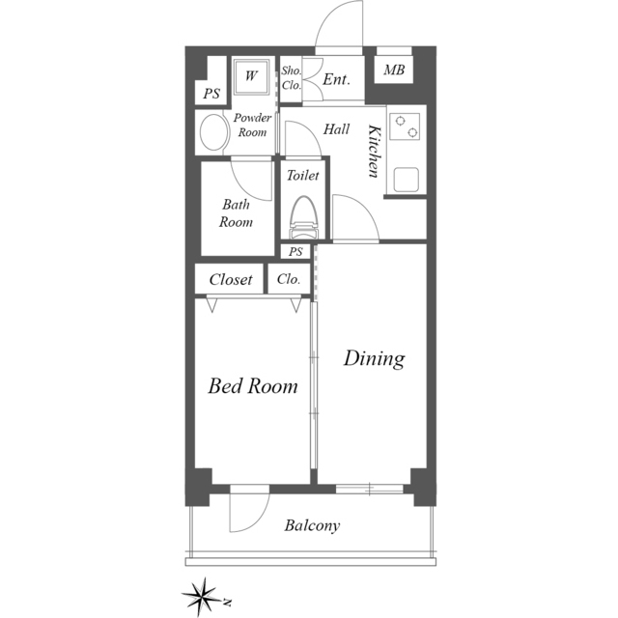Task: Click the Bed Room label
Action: coord(253,386)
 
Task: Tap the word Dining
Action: coord(374,359)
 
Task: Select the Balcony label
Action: coord(312,525)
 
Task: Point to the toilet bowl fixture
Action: coord(303,217)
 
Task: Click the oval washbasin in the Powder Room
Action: coord(214,132)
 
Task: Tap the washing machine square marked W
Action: coord(251,76)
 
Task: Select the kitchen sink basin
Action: coord(407,180)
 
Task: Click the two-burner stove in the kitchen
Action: coord(405,126)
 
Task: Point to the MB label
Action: coord(394,70)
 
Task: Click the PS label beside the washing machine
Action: coord(211,94)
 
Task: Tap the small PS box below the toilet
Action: coord(295,251)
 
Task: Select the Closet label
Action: coord(231,279)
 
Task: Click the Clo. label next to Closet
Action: coord(289,279)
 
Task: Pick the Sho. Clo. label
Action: coord(292,77)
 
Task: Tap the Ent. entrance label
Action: coord(337,79)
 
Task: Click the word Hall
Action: coord(336,129)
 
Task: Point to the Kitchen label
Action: coord(376,151)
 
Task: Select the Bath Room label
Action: coord(236,213)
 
